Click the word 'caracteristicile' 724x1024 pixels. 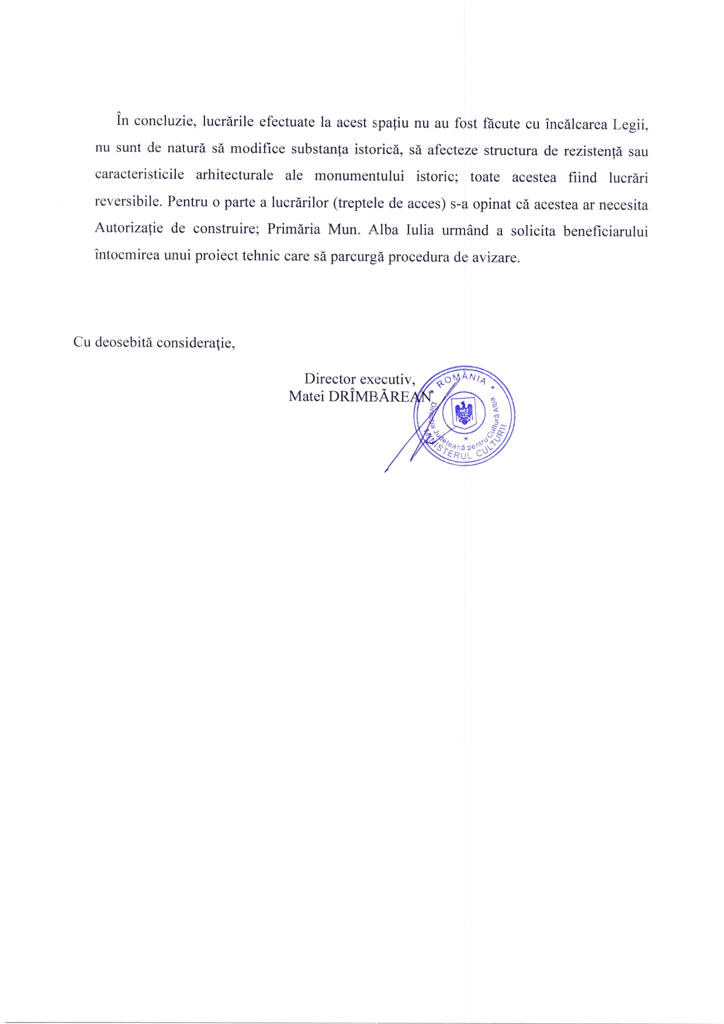coord(140,175)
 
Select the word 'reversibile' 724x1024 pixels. coord(127,201)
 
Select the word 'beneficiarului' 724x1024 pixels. coord(605,231)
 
